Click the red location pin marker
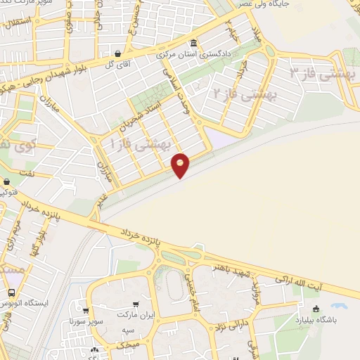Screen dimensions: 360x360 click(181, 165)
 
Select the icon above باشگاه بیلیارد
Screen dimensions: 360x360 click(316, 308)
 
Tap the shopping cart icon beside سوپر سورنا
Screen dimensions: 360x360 click(85, 311)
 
